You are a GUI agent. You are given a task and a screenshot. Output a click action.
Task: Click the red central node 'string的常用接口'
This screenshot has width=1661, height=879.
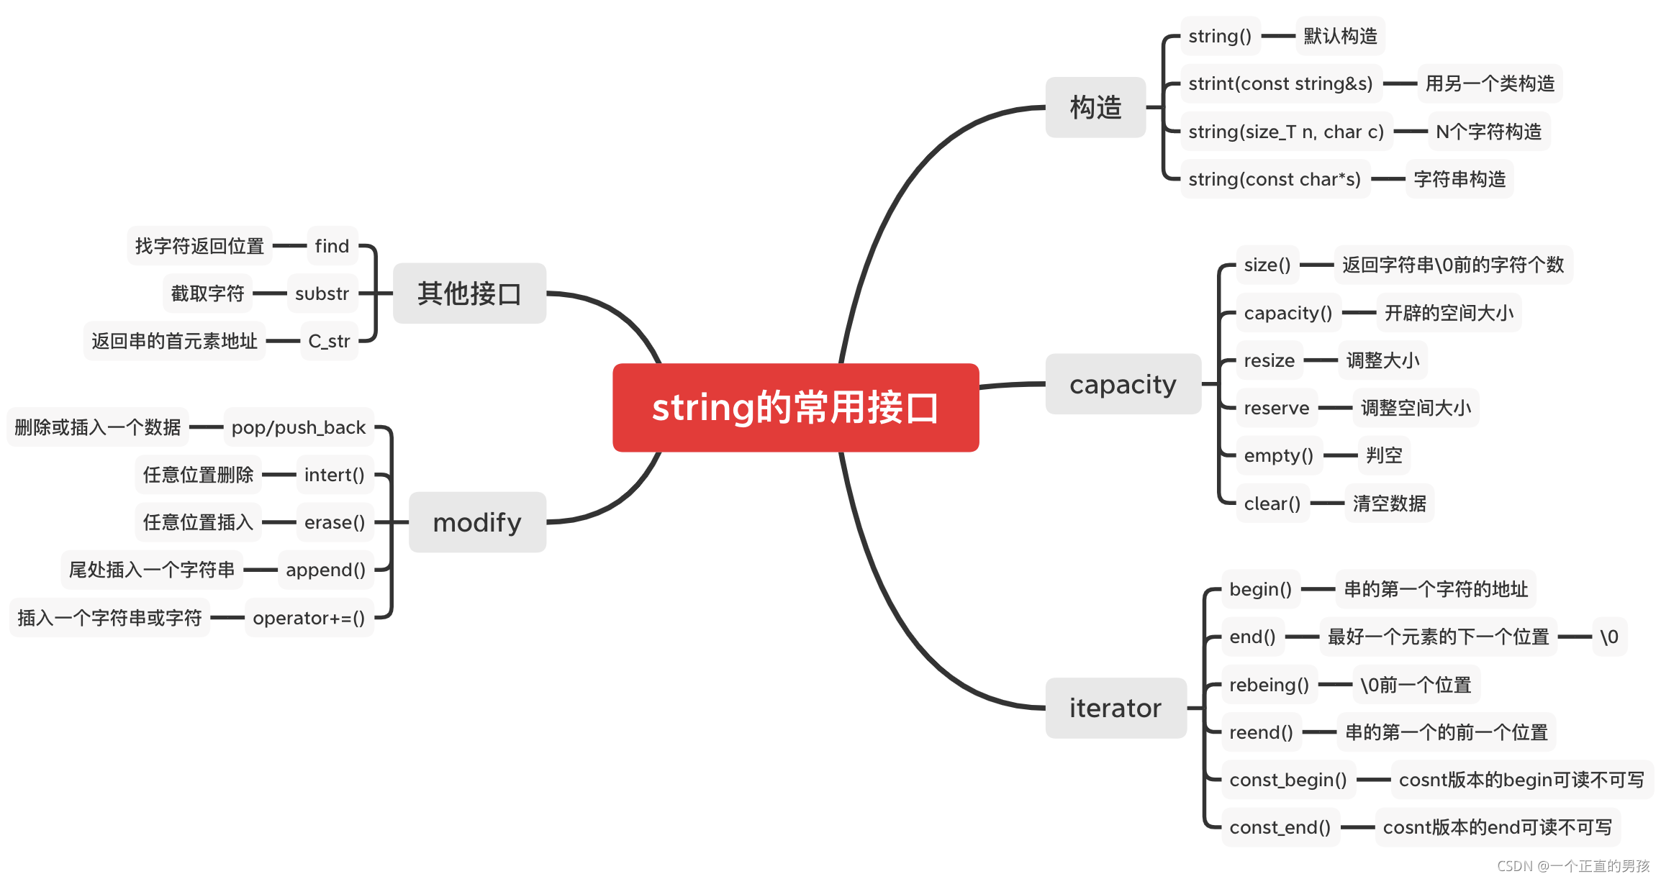(x=795, y=408)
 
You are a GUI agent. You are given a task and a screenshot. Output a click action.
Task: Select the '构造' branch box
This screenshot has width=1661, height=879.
(x=1095, y=107)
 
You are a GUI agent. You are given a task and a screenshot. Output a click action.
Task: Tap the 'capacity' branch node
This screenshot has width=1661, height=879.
(x=1123, y=384)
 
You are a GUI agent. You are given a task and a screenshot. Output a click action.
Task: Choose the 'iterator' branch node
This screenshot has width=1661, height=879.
(x=1115, y=708)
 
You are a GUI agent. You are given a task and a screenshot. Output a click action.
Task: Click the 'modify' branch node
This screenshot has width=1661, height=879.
(x=477, y=522)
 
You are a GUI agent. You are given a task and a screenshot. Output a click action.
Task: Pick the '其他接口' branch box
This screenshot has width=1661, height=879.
(x=469, y=293)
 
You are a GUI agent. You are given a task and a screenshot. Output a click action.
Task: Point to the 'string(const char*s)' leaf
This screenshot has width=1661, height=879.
(x=1275, y=179)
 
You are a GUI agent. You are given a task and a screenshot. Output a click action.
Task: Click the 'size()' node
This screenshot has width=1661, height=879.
(x=1267, y=265)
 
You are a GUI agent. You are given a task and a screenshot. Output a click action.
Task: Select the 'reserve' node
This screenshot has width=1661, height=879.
(x=1276, y=408)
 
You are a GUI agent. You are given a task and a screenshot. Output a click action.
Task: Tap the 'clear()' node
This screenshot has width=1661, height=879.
(x=1272, y=504)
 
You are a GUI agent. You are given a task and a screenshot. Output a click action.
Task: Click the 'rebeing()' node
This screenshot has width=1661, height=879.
(x=1269, y=685)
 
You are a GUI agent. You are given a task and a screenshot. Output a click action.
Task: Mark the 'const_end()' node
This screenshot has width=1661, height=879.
(x=1280, y=827)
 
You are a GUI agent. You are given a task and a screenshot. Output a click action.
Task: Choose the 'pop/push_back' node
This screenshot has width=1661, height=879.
(x=299, y=427)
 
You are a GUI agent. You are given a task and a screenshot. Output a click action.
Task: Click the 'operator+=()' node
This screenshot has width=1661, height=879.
(x=309, y=618)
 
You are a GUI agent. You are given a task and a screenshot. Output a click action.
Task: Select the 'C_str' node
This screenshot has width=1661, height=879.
(x=329, y=341)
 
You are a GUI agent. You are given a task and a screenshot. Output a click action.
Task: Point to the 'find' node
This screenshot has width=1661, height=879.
(x=332, y=246)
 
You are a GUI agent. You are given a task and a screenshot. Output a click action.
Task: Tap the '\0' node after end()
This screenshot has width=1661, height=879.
(x=1608, y=637)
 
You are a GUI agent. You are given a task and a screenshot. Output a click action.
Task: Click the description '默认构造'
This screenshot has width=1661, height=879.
(x=1340, y=36)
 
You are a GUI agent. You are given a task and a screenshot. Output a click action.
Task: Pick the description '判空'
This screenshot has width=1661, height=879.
(x=1384, y=455)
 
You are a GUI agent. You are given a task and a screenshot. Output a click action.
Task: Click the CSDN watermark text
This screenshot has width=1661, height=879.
(x=1573, y=866)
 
